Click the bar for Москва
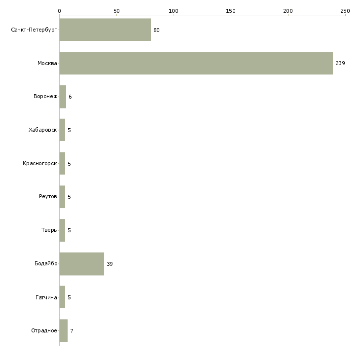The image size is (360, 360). [x=196, y=63]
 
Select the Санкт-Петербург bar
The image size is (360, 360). [x=105, y=30]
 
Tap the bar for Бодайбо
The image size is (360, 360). [x=82, y=264]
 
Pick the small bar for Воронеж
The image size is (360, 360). [x=63, y=97]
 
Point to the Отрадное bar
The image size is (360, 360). [x=64, y=330]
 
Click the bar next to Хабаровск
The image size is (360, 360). [x=62, y=130]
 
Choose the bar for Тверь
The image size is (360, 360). [x=62, y=230]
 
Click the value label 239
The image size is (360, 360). [x=340, y=63]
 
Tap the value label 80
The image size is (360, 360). [x=156, y=30]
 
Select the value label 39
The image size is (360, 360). [x=109, y=264]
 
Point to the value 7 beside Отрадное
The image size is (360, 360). [x=72, y=331]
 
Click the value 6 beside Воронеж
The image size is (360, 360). [x=70, y=97]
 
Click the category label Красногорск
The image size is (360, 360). [x=40, y=163]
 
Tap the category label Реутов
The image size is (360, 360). [x=48, y=197]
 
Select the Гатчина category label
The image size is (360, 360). [x=46, y=297]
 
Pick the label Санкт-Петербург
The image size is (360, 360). [x=34, y=30]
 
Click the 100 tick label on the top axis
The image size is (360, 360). [x=173, y=11]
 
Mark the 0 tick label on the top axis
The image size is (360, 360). [x=60, y=11]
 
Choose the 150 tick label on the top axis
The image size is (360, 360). [x=231, y=11]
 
